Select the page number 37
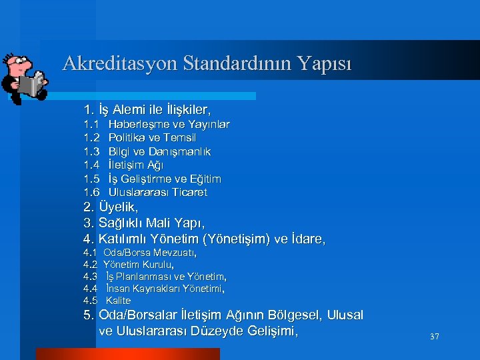click(434, 337)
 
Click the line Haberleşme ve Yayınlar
click(169, 125)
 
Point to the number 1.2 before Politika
click(91, 138)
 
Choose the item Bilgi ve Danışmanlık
click(159, 151)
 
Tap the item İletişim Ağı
click(136, 165)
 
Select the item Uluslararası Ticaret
click(158, 192)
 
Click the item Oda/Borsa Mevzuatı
click(149, 253)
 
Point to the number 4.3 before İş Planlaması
click(90, 277)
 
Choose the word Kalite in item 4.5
click(119, 301)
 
